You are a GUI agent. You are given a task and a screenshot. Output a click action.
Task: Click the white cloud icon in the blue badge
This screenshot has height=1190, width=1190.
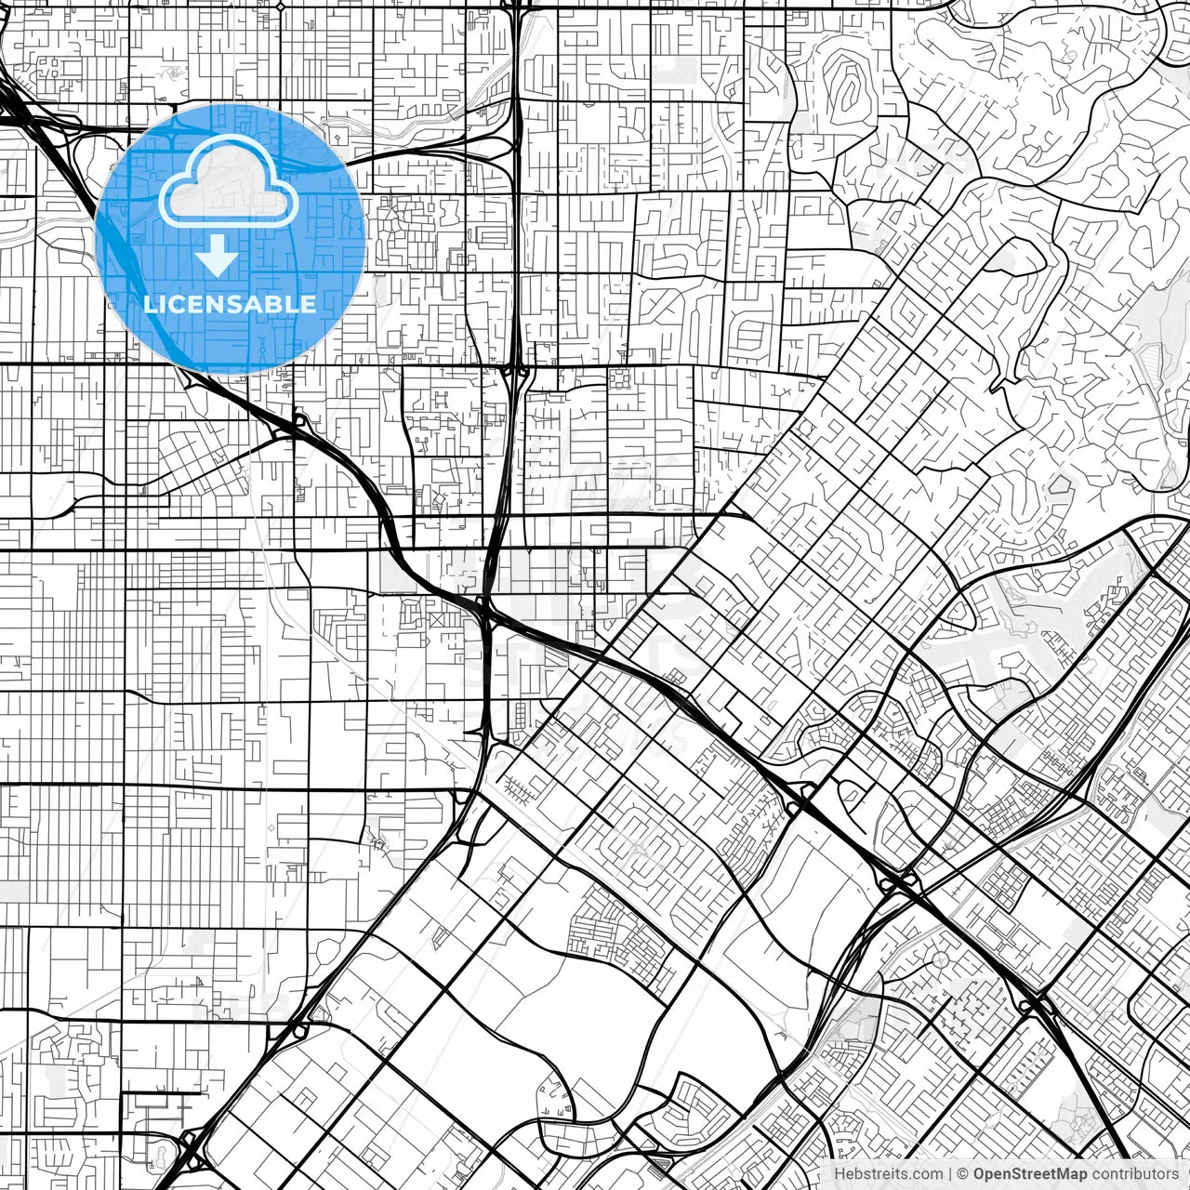point(229,181)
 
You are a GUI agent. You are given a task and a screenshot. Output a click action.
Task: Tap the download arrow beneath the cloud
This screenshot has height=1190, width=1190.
point(218,256)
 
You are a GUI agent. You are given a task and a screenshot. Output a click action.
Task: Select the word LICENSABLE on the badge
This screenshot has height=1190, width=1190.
point(230,304)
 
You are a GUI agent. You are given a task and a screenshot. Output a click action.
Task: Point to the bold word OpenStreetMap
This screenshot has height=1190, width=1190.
point(1030,1174)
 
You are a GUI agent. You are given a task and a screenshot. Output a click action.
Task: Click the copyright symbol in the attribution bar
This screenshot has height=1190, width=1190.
point(964,1174)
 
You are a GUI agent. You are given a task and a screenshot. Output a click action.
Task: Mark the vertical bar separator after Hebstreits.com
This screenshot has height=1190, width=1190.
point(950,1174)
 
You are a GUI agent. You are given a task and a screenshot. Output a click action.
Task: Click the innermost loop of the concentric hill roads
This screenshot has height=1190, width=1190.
point(849,88)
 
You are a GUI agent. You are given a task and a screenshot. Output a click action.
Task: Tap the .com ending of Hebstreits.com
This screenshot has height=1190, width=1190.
point(926,1174)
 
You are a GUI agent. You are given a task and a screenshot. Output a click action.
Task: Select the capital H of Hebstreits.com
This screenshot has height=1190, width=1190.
point(840,1174)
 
